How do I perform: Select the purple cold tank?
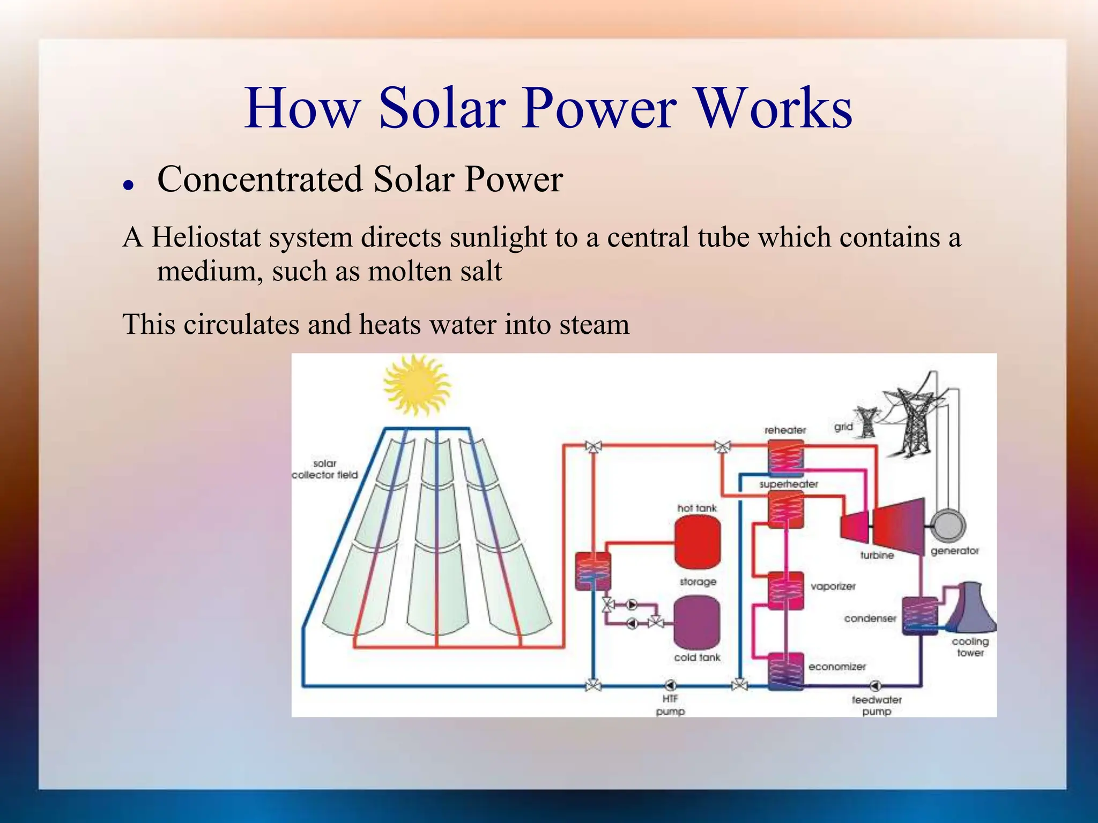696,622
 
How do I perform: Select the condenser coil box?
920,616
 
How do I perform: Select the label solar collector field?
324,469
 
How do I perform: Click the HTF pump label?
670,705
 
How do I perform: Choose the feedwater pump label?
877,706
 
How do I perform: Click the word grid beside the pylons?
843,427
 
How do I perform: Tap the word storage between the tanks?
698,581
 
